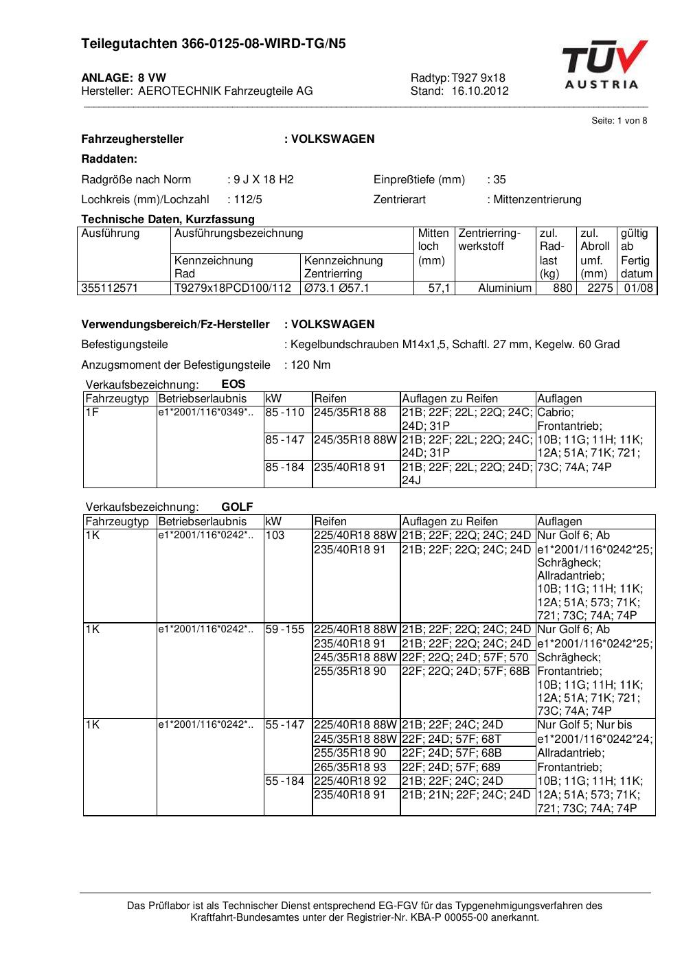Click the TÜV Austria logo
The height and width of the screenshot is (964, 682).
[x=604, y=65]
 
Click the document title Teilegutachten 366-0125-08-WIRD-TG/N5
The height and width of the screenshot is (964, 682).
[x=213, y=44]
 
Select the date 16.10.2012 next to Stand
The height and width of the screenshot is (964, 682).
[x=480, y=91]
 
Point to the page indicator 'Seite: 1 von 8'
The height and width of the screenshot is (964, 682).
[x=619, y=121]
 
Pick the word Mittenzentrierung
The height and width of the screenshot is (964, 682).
[x=537, y=200]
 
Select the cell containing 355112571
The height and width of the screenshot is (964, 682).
[x=110, y=288]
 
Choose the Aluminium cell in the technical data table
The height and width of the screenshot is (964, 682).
[x=505, y=288]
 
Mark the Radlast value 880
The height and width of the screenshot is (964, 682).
[x=562, y=288]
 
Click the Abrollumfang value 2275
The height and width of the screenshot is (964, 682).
[x=600, y=288]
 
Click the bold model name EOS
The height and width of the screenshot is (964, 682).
[x=234, y=385]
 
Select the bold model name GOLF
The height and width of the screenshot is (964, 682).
[x=237, y=507]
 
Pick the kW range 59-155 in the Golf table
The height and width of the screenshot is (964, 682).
[x=285, y=630]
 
